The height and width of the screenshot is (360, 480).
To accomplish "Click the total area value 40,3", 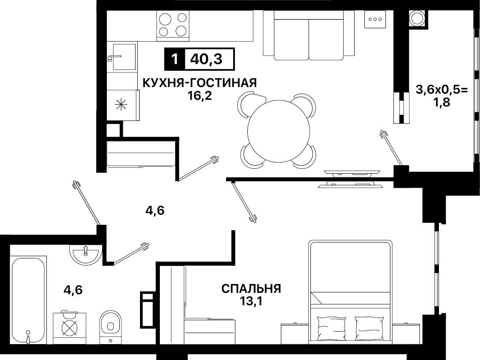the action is [x=206, y=59].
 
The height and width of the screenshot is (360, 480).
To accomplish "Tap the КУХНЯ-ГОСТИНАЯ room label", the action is [x=200, y=83].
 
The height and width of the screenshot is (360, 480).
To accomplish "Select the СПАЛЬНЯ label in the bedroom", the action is [x=251, y=289].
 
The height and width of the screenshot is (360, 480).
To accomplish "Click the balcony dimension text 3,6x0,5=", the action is [x=442, y=90].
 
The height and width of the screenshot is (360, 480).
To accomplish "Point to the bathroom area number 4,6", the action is [x=73, y=289].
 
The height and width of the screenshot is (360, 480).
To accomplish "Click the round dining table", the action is [x=278, y=132].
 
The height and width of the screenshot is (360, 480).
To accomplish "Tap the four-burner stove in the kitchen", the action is [x=173, y=24].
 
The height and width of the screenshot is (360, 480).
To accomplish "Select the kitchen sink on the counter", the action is [x=124, y=57].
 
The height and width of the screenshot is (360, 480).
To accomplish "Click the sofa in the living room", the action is [x=309, y=35].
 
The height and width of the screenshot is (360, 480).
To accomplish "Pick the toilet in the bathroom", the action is [x=110, y=326].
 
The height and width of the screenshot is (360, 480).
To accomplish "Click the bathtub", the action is [x=28, y=300].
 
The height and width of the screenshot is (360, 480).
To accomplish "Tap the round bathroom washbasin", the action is [x=86, y=254].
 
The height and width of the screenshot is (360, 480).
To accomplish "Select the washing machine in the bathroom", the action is [x=69, y=328].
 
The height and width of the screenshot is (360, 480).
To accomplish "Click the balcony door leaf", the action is [x=391, y=148].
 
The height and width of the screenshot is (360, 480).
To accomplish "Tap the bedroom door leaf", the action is [x=244, y=201].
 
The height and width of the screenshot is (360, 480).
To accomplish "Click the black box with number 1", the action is [x=174, y=59].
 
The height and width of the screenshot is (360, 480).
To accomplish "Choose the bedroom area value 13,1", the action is [x=251, y=302].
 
